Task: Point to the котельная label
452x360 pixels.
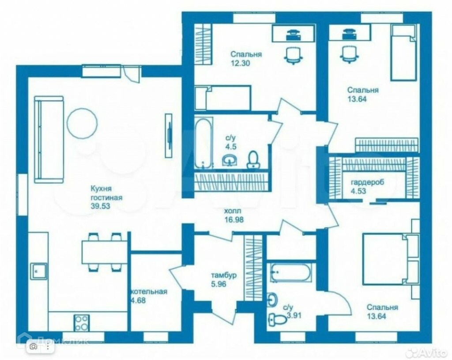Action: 149,292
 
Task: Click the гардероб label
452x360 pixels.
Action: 368,182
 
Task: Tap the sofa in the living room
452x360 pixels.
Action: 49,140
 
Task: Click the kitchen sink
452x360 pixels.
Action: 39,271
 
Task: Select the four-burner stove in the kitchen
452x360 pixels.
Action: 82,323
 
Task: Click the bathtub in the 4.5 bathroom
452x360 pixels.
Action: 203,143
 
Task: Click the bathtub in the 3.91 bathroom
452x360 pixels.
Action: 291,272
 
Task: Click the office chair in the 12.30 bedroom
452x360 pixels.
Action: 294,55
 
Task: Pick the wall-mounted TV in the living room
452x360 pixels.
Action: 169,136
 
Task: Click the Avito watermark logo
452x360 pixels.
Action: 428,352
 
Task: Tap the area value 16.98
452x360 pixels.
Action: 234,220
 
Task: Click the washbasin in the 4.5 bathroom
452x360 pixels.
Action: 230,160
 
